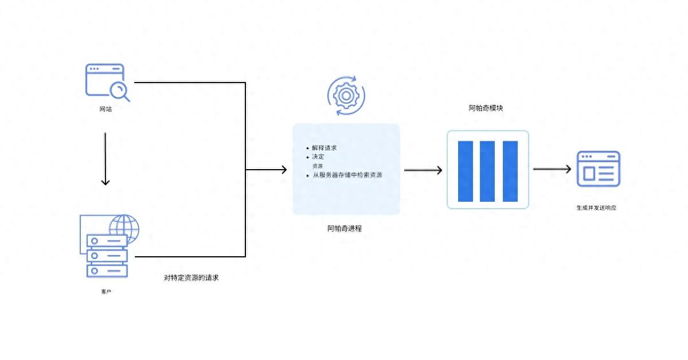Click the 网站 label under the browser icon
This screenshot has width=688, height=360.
(105, 109)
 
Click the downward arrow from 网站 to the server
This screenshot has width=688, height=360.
(105, 159)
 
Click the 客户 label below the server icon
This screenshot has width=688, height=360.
(106, 292)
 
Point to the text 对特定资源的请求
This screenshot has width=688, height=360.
(191, 277)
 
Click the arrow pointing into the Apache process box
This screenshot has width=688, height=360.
(266, 170)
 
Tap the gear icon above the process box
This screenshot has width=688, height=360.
(346, 96)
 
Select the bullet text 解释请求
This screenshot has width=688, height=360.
(325, 148)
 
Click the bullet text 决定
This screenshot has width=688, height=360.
(318, 156)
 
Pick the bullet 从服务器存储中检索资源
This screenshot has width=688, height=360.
(347, 175)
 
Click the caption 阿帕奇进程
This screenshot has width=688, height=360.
(345, 229)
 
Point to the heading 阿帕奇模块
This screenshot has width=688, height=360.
(486, 108)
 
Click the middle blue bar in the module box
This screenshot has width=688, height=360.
(487, 171)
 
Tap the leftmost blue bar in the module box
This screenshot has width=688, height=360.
(466, 171)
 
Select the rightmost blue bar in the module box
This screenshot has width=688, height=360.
(510, 171)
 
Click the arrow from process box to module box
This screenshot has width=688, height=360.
(423, 170)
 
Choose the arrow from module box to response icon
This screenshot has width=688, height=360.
(552, 169)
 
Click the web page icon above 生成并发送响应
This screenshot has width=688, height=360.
(599, 169)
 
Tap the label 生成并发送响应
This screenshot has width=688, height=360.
(596, 208)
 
